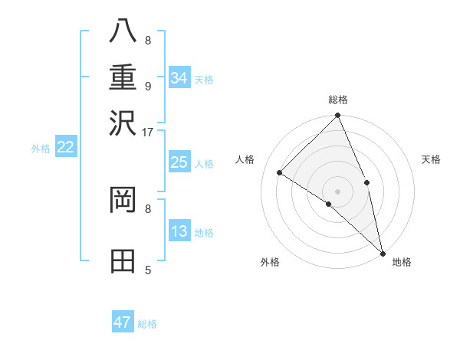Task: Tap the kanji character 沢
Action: [x=124, y=123]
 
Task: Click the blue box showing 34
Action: [x=179, y=77]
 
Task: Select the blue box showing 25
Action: [x=179, y=162]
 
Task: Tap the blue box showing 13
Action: [x=179, y=231]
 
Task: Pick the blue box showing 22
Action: [x=66, y=147]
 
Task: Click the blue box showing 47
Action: [x=123, y=322]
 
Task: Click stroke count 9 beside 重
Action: [x=148, y=86]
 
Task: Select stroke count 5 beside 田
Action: [x=148, y=270]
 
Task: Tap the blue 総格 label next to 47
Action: [x=147, y=324]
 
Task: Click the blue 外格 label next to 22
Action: [x=41, y=149]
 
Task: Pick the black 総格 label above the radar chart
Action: [x=338, y=100]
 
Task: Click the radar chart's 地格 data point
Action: [x=383, y=253]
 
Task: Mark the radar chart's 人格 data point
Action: [x=280, y=173]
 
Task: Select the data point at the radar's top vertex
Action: [x=338, y=116]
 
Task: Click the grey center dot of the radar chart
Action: [x=338, y=191]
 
